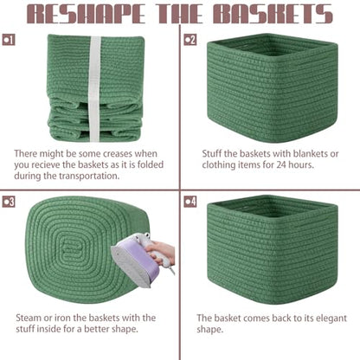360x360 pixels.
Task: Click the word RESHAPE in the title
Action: [87, 14]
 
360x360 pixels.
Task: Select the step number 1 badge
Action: [9, 40]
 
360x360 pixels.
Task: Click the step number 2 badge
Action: [190, 40]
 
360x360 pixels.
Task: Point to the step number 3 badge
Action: [9, 202]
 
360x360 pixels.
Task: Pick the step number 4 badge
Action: [190, 202]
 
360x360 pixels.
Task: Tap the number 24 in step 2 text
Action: [281, 164]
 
